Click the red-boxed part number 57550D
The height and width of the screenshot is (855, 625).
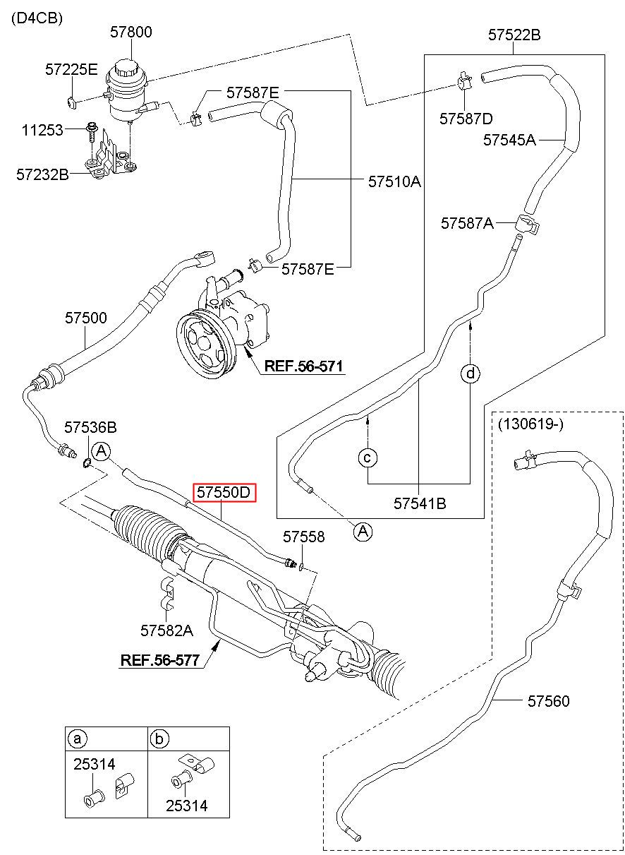pos(224,492)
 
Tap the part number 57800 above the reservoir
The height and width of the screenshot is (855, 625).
pos(131,32)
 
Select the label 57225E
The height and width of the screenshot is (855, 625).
pos(71,69)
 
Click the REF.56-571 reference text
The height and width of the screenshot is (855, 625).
pos(303,366)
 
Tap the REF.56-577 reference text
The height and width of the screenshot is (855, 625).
pos(160,660)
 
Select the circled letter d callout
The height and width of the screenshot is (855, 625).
pos(471,373)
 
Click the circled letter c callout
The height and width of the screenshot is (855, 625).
pos(368,458)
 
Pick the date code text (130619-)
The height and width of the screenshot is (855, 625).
pos(530,424)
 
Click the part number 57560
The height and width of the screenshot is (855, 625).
pos(548,701)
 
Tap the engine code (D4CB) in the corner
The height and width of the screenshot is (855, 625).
pos(37,18)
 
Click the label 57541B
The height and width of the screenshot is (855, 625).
pos(420,503)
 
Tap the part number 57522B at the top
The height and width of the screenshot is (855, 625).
pos(514,35)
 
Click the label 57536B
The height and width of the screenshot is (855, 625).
pos(90,428)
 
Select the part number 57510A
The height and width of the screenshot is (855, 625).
pos(394,181)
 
